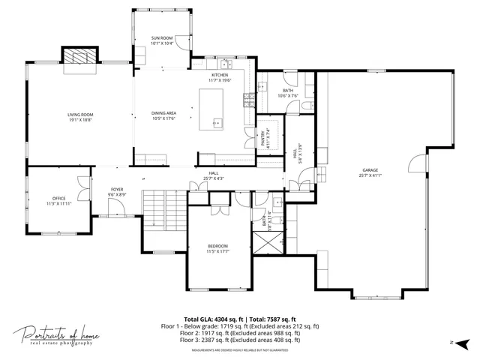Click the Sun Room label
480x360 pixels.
click(x=162, y=37)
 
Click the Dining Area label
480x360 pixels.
click(x=163, y=113)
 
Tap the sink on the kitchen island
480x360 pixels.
click(x=217, y=124)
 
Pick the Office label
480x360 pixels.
click(x=58, y=198)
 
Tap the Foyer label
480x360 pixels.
click(x=117, y=189)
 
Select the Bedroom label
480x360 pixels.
click(x=218, y=246)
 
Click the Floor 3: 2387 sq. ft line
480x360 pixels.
click(x=240, y=340)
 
